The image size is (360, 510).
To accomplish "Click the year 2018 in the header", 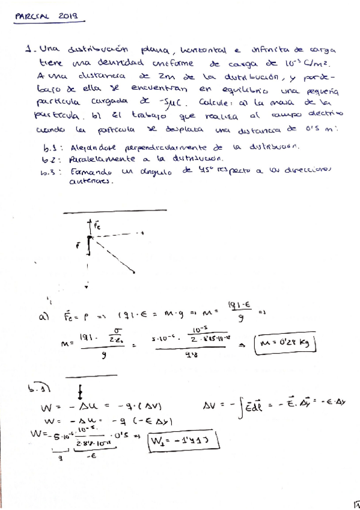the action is [70, 17].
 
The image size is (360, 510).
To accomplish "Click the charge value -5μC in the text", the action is [175, 102].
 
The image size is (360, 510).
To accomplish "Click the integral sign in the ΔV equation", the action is [242, 409].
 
